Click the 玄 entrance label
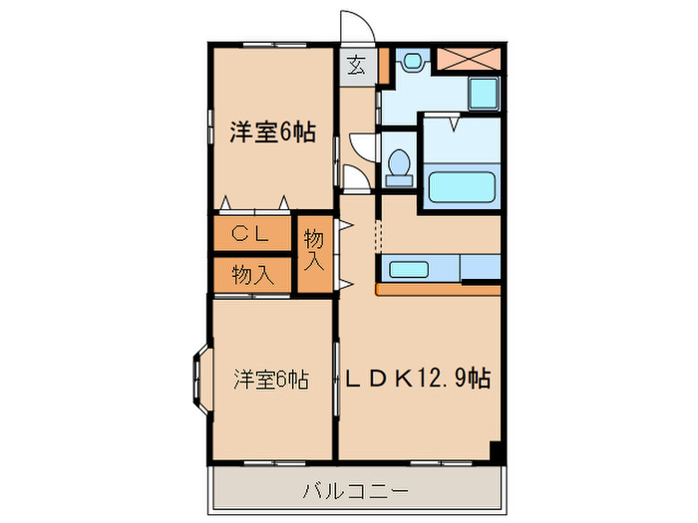pyautogui.click(x=356, y=67)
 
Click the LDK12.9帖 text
pyautogui.click(x=417, y=380)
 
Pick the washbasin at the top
pyautogui.click(x=412, y=63)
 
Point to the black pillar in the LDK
pyautogui.click(x=495, y=450)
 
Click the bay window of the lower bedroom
pyautogui.click(x=196, y=379)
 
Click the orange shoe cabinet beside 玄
pyautogui.click(x=382, y=66)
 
